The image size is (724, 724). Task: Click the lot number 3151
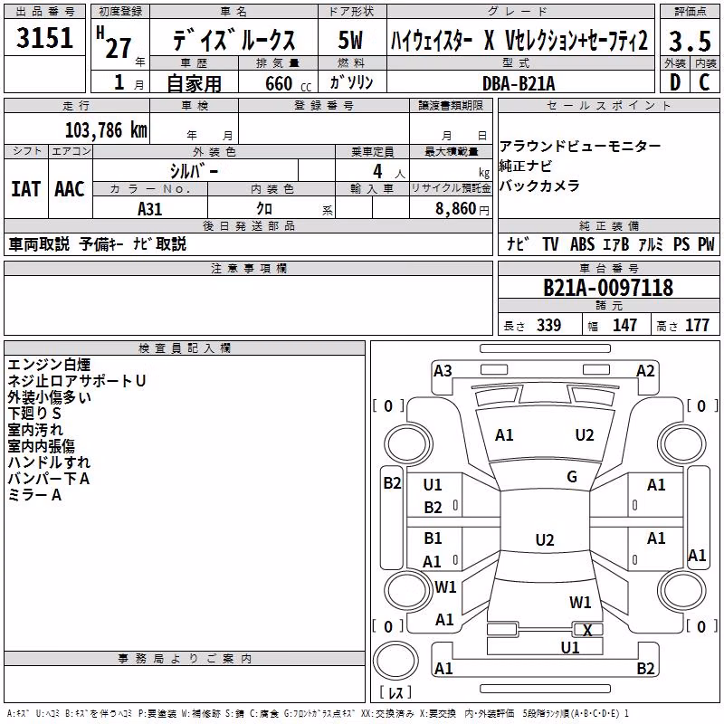click(44, 37)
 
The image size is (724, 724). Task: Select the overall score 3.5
click(690, 41)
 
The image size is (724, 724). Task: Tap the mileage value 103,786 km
click(106, 130)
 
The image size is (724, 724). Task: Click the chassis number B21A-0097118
click(608, 288)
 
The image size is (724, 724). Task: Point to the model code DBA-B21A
click(519, 83)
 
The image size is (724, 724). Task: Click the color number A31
click(150, 209)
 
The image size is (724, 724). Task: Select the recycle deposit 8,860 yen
click(462, 209)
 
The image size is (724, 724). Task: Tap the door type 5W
click(350, 40)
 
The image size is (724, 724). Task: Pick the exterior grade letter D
click(675, 82)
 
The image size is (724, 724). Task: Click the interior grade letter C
click(704, 82)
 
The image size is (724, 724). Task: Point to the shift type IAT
click(26, 189)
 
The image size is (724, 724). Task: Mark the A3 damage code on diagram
click(443, 371)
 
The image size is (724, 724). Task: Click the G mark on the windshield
click(572, 477)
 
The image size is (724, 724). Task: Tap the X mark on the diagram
click(587, 630)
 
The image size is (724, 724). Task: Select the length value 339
click(549, 326)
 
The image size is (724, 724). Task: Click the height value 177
click(697, 326)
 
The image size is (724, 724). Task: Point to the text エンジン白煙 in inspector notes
click(49, 365)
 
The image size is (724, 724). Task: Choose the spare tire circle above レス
click(395, 661)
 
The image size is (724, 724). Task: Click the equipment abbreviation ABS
click(582, 243)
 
